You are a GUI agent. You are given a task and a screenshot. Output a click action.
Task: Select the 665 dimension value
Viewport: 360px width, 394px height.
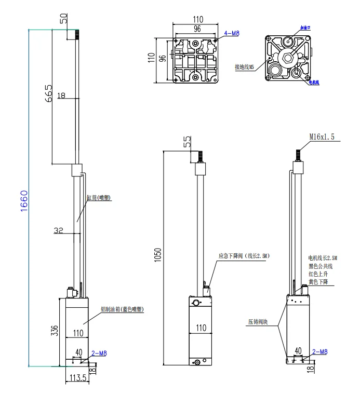(48, 93)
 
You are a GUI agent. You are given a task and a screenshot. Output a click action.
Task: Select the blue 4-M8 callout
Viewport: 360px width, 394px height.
(231, 34)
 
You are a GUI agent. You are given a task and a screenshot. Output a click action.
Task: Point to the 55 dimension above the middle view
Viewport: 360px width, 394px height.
(188, 141)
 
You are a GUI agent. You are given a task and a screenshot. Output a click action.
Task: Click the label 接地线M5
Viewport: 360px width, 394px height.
(244, 67)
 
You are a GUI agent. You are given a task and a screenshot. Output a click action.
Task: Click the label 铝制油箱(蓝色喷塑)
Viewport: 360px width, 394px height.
(123, 309)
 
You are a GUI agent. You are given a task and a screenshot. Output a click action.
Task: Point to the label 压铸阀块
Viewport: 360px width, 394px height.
(258, 322)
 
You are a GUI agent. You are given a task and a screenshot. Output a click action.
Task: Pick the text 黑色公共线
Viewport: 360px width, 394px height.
(320, 266)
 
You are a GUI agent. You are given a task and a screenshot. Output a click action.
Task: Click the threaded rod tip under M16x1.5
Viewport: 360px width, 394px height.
(299, 155)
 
